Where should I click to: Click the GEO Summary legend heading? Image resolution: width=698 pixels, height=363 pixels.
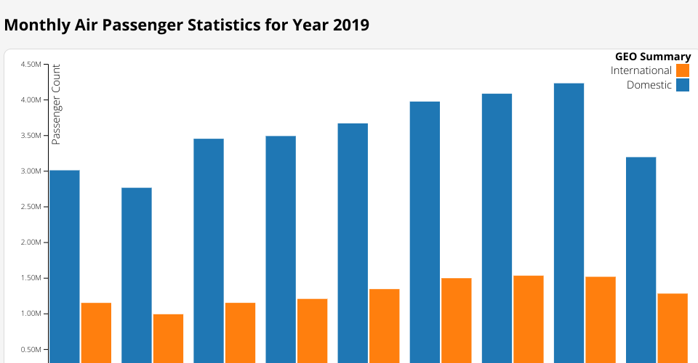[x=653, y=57]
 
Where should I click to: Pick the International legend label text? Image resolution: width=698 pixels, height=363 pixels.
[x=641, y=70]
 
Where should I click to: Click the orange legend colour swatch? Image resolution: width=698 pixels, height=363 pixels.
[x=683, y=70]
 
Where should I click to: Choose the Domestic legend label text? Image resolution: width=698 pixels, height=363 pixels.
[x=649, y=85]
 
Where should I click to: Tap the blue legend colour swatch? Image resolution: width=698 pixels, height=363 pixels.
[x=683, y=85]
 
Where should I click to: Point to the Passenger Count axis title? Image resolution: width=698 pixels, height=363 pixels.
[x=56, y=104]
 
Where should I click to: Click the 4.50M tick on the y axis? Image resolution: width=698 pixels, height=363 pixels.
[x=31, y=65]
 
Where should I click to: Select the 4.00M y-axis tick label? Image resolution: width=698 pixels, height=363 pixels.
[x=31, y=100]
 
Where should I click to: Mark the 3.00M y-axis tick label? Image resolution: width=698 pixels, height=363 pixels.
[x=31, y=171]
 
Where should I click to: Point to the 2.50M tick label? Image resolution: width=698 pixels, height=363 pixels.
[x=31, y=207]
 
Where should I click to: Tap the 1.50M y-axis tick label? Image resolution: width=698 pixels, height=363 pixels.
[x=31, y=278]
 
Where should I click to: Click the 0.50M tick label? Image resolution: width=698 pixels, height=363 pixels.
[x=31, y=349]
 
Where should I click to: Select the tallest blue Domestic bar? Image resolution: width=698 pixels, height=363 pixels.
[x=569, y=218]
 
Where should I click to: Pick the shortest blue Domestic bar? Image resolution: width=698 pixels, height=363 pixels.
[x=137, y=276]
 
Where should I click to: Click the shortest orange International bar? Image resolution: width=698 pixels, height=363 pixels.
[x=168, y=338]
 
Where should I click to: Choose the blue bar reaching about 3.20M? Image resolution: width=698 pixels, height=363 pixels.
[x=641, y=254]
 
